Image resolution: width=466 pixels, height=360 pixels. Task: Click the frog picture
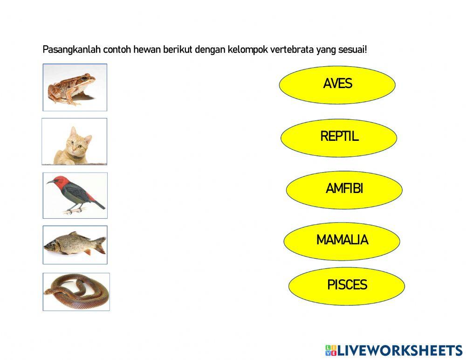point(75,87)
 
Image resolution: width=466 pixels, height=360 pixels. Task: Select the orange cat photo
point(75,141)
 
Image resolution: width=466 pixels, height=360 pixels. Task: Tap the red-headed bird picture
point(75,195)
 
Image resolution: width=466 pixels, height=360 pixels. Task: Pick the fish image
point(75,245)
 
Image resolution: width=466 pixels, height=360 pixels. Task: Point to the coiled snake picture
point(76,292)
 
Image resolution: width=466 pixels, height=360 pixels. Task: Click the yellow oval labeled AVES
point(337,84)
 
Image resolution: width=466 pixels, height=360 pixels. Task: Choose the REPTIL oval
point(339,137)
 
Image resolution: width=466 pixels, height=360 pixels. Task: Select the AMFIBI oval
point(344,189)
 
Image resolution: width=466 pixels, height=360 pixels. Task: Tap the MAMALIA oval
point(342,241)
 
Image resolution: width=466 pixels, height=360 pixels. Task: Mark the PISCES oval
point(346,285)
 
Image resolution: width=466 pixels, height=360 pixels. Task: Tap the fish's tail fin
point(100,245)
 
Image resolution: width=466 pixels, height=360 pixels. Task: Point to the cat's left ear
point(72,131)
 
